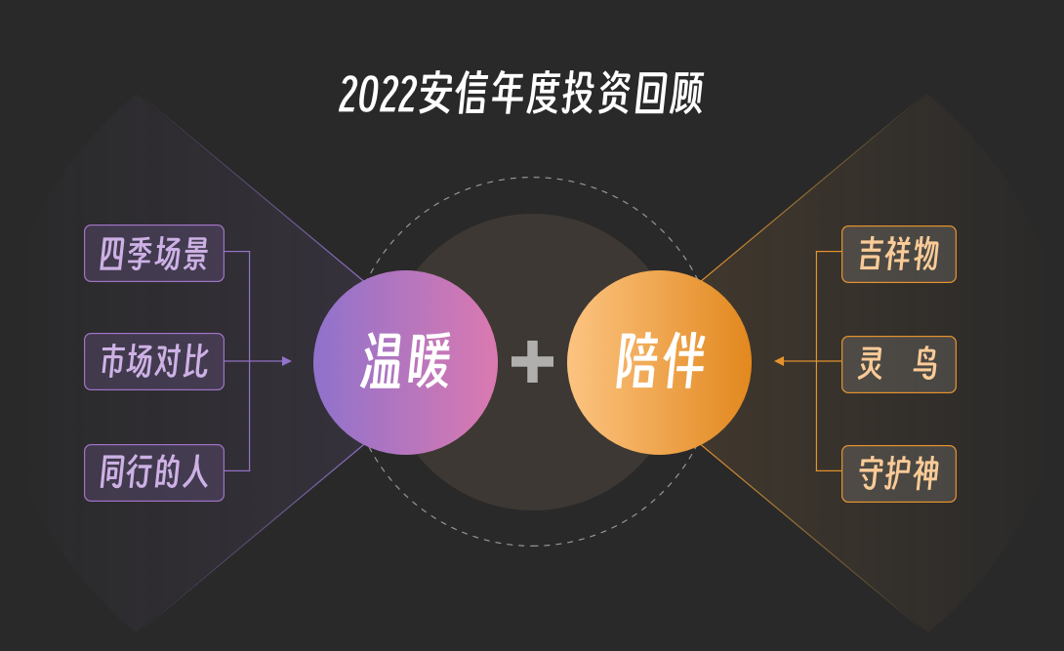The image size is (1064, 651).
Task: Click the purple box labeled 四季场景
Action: [x=154, y=254]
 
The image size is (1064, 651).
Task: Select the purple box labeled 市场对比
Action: [x=154, y=362]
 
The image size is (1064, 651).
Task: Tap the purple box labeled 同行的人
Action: [x=154, y=473]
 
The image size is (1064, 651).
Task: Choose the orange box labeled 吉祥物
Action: [x=898, y=254]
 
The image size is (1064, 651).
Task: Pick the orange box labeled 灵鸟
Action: [x=898, y=364]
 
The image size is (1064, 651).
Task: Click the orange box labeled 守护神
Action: [x=898, y=473]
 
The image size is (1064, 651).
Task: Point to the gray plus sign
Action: [x=532, y=362]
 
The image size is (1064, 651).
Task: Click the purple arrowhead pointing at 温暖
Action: [x=287, y=361]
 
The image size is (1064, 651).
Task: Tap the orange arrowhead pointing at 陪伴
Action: [x=779, y=361]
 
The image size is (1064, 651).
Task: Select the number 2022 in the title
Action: [x=379, y=96]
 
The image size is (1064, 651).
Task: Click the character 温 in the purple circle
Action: [x=384, y=362]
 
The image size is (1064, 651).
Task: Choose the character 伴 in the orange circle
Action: [x=683, y=362]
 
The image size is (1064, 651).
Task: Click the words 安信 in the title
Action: [x=453, y=96]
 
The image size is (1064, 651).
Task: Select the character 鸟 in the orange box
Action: [x=924, y=364]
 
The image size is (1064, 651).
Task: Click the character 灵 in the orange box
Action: [x=871, y=364]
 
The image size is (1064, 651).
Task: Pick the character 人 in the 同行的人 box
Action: [x=196, y=473]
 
